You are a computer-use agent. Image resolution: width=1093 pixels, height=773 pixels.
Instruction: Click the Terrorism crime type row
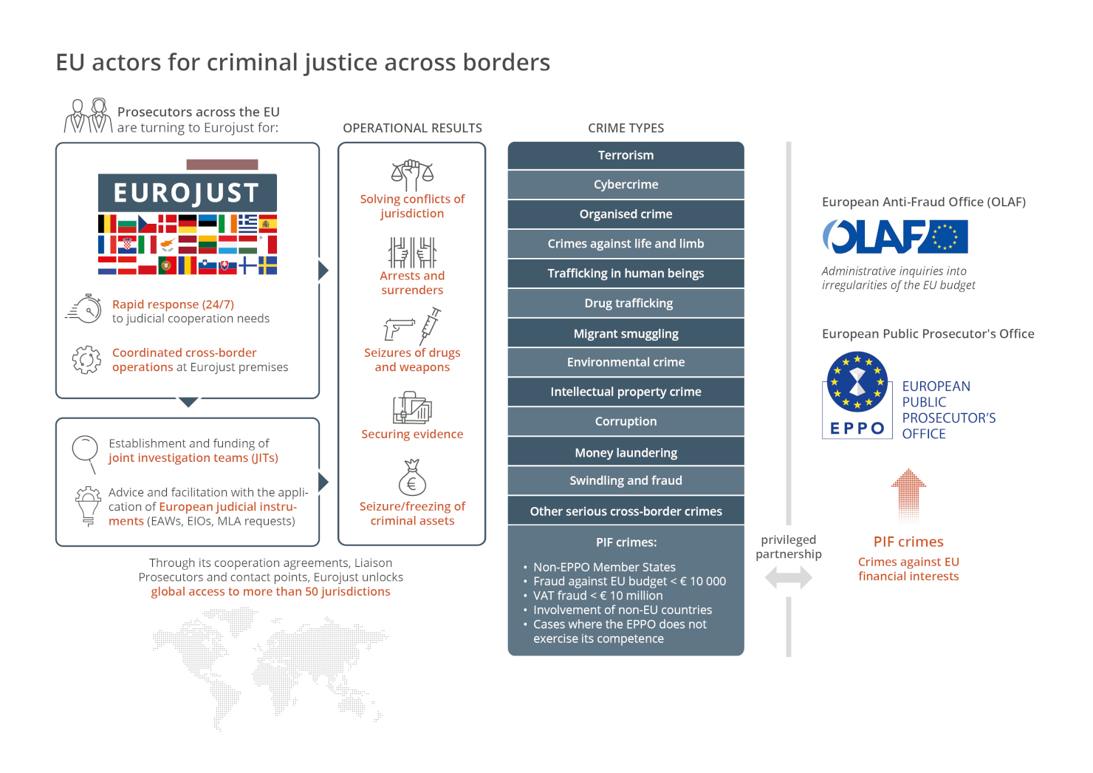click(x=626, y=155)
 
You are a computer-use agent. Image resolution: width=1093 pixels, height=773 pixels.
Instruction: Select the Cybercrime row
click(x=626, y=185)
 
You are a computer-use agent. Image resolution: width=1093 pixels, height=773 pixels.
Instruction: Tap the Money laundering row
click(x=626, y=452)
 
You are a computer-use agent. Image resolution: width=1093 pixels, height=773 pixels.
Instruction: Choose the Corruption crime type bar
click(x=626, y=421)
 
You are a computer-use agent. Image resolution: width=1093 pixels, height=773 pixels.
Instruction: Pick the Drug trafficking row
click(x=626, y=303)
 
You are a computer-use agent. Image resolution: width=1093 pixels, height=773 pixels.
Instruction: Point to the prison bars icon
click(x=412, y=253)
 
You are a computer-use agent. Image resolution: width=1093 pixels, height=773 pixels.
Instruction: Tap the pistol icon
click(x=399, y=329)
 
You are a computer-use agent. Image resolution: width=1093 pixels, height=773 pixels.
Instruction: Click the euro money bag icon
click(x=412, y=477)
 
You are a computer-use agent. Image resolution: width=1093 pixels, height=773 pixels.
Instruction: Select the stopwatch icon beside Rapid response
click(x=84, y=309)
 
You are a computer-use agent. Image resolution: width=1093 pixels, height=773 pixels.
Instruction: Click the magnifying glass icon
click(x=86, y=454)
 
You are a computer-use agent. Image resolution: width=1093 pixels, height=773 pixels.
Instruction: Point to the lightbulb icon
click(x=88, y=506)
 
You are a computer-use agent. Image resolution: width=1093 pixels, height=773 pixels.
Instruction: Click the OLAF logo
click(x=895, y=236)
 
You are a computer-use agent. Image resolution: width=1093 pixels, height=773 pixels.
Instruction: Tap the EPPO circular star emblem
click(x=857, y=382)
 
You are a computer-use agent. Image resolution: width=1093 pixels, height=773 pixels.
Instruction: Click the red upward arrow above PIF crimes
click(x=908, y=496)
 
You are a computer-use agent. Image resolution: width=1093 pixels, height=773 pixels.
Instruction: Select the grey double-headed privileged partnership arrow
click(x=789, y=578)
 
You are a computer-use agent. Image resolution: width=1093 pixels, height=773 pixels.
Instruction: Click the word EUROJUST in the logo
click(x=186, y=192)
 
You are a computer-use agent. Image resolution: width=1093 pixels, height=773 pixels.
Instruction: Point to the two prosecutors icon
click(x=89, y=116)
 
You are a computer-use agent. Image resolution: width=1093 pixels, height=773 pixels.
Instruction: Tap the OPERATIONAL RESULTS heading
click(x=412, y=128)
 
